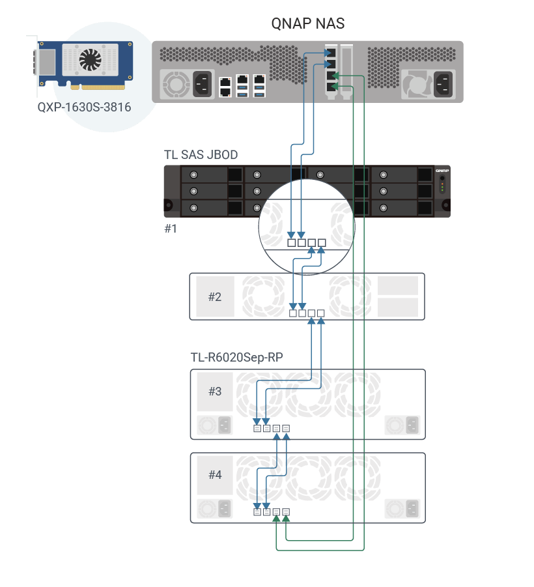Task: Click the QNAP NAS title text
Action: click(307, 23)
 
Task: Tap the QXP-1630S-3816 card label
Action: click(84, 106)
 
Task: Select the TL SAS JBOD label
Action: click(201, 155)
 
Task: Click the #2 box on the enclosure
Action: click(215, 297)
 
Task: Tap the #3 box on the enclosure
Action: click(215, 392)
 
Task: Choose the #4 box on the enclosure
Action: click(215, 475)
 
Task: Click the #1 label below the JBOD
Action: click(171, 229)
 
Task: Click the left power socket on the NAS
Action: click(201, 83)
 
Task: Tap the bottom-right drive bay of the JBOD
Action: click(394, 208)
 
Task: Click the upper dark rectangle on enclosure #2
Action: click(397, 285)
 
